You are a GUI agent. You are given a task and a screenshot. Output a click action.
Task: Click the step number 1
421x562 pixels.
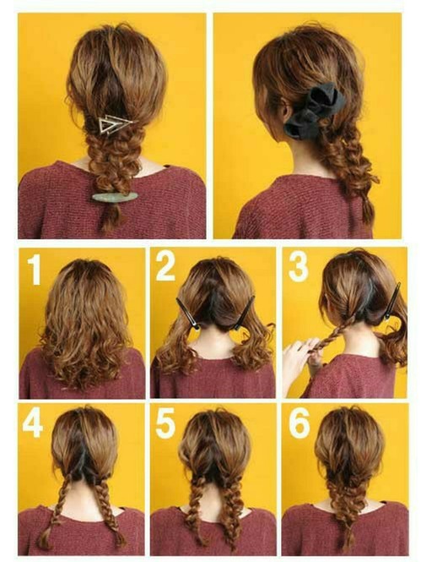35,270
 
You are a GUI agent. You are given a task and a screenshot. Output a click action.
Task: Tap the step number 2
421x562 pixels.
165,266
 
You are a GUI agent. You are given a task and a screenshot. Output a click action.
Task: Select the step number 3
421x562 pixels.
299,266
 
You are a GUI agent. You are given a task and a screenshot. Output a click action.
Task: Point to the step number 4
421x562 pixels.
33,423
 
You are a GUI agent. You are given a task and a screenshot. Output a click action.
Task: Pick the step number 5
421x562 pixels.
165,423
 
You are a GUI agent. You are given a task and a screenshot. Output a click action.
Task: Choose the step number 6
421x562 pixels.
300,423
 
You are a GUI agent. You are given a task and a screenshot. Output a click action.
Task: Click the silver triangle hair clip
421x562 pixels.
114,124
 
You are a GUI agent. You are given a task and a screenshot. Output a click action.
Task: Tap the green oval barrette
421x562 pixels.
115,197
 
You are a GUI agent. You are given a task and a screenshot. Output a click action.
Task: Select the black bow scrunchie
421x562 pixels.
313,109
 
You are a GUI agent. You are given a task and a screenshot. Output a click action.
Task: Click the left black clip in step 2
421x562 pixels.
188,313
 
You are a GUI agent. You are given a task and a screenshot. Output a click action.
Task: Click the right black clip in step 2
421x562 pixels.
245,313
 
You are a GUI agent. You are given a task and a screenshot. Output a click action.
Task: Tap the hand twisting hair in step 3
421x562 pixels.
299,358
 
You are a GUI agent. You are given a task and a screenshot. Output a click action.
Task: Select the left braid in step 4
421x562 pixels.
57,509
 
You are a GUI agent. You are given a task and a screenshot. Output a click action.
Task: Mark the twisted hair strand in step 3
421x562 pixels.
331,331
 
